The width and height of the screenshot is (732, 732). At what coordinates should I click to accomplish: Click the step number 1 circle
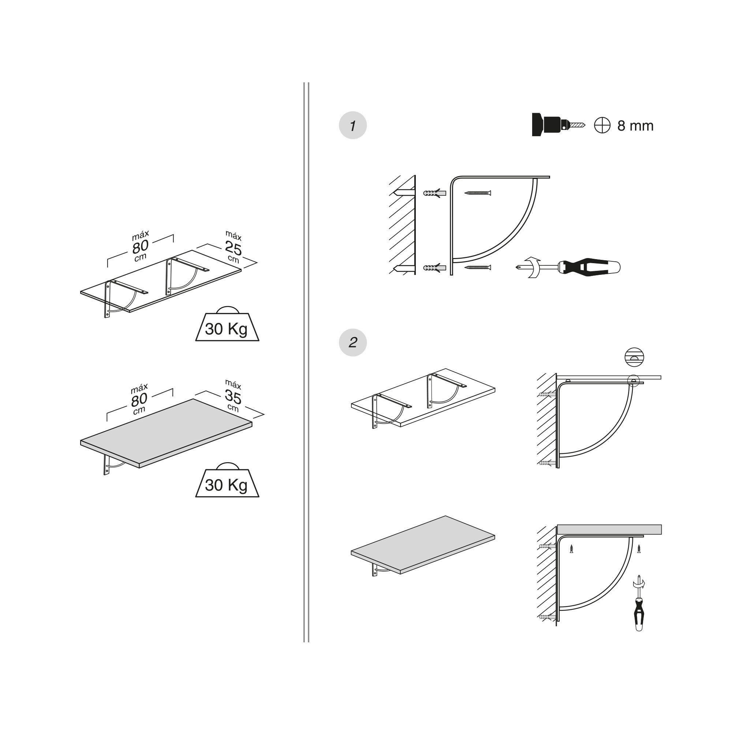tap(352, 126)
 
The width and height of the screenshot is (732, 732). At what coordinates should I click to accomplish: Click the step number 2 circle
tap(352, 343)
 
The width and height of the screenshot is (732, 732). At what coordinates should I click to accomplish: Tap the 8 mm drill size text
tap(635, 126)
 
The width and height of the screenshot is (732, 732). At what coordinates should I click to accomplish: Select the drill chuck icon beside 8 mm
tap(558, 124)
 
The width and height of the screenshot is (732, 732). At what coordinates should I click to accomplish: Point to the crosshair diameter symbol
tap(602, 126)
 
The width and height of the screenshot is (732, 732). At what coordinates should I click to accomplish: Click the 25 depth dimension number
tap(233, 248)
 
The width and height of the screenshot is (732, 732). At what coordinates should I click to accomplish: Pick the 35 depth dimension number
tap(233, 397)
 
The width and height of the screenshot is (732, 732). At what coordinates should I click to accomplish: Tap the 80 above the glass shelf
tap(140, 247)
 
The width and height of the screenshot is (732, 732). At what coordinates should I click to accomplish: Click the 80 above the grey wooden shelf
tap(139, 400)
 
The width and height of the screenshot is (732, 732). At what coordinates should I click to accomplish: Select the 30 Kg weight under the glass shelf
tap(227, 324)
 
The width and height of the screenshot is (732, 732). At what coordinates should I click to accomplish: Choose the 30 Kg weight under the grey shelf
tap(227, 480)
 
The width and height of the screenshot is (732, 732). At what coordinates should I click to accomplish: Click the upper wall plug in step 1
tap(434, 193)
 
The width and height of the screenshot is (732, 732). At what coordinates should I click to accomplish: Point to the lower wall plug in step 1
tap(434, 268)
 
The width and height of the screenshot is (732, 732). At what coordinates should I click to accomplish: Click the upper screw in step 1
tap(478, 193)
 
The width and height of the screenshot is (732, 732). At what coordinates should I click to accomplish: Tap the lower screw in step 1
tap(478, 268)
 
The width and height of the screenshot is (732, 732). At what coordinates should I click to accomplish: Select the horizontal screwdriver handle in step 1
tap(589, 268)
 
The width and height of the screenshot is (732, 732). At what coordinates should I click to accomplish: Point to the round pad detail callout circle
tap(634, 357)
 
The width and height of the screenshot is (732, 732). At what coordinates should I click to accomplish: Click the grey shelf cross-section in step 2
tap(609, 529)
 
